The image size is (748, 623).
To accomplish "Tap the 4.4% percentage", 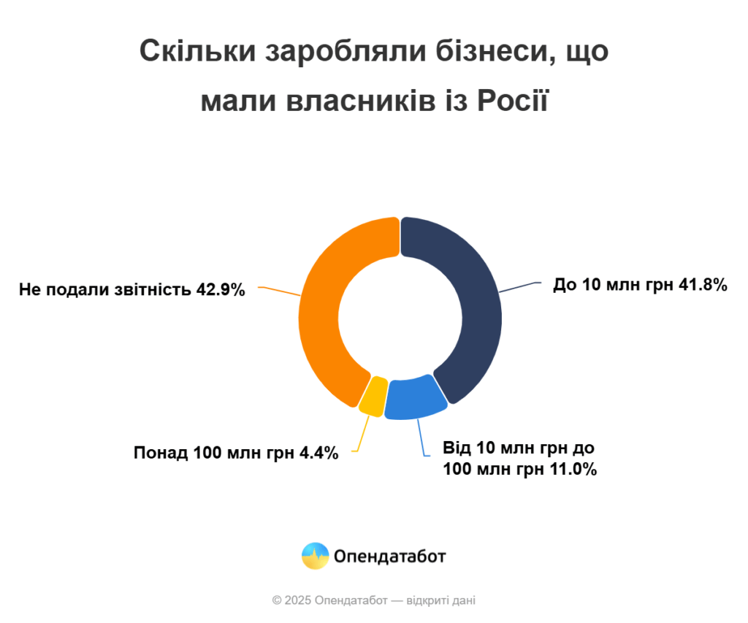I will (319, 453).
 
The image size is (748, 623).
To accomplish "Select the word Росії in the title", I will (512, 100).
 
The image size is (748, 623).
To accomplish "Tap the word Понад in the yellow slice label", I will (160, 453).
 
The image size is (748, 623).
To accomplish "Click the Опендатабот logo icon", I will (316, 557).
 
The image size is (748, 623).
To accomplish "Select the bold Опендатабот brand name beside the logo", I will (390, 557).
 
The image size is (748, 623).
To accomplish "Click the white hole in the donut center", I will (400, 318).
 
